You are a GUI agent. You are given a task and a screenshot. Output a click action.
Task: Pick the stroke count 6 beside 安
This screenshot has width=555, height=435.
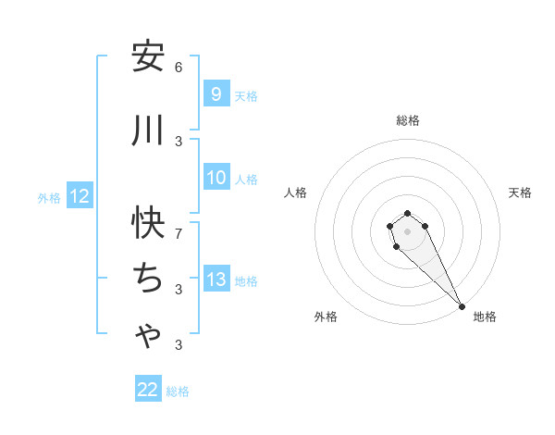pos(179,68)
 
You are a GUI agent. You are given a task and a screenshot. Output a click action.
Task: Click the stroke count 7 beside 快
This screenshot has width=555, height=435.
pos(179,233)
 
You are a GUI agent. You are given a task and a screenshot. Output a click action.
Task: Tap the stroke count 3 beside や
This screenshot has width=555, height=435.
pos(179,345)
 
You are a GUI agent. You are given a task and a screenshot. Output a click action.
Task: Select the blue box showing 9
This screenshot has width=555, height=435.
pos(216,94)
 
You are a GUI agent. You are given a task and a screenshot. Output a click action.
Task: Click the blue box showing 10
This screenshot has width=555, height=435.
pos(216,178)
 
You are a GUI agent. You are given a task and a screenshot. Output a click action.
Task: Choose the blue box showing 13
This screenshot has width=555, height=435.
pos(216,280)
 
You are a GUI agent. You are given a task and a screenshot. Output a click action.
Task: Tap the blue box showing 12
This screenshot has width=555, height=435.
pos(80,196)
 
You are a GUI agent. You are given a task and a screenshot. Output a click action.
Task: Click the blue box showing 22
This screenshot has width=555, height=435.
pos(148,390)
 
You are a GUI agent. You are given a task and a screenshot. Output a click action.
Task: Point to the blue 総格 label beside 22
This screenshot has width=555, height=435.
pos(178,391)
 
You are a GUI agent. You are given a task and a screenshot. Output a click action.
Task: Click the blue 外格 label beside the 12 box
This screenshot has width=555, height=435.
pos(49,197)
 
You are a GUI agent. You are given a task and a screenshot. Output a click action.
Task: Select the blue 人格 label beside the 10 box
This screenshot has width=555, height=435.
pos(246,179)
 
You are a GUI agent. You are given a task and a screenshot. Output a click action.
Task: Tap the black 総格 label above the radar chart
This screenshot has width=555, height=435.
pos(408,120)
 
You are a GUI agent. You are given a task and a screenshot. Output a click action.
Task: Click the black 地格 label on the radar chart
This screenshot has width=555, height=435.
pos(485,317)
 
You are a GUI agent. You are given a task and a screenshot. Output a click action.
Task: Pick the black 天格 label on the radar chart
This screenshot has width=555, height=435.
pos(520,193)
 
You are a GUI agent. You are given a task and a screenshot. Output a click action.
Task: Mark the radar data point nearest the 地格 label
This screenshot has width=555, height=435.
pos(462,306)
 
